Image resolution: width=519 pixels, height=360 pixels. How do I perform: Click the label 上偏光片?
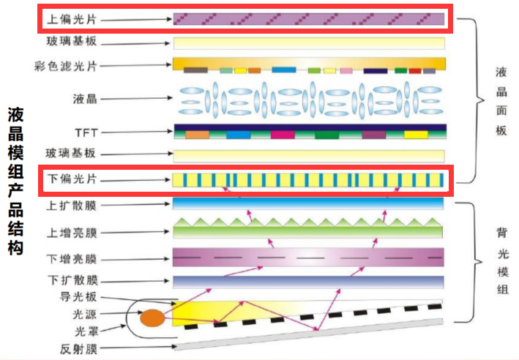(x=70, y=18)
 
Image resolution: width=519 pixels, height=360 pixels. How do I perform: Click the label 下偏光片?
(x=70, y=179)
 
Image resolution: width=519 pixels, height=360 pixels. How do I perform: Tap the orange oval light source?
(x=152, y=318)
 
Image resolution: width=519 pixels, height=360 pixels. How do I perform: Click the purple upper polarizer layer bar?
(x=308, y=18)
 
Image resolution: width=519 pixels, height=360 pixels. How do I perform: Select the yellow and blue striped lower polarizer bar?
(x=308, y=179)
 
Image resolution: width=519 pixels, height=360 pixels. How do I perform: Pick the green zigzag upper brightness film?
(x=308, y=229)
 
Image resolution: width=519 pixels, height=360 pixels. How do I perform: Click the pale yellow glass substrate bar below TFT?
(x=308, y=155)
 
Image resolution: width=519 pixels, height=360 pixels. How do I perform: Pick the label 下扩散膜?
(x=70, y=281)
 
